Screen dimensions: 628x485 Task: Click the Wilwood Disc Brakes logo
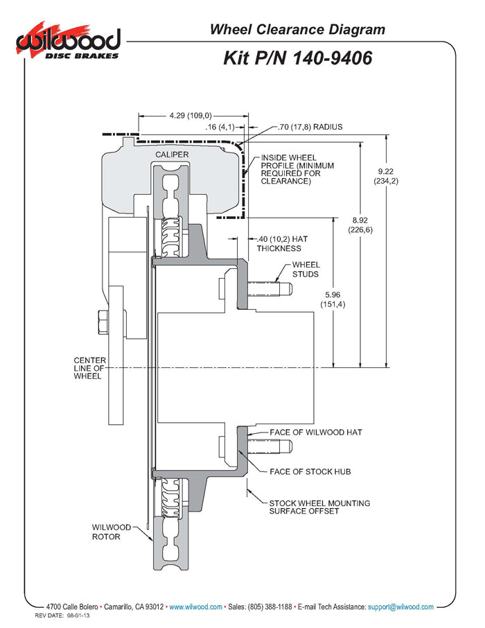69,43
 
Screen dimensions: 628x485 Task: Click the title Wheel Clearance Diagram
297,30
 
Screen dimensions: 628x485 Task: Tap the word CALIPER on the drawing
172,154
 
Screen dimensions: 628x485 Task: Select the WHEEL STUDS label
306,269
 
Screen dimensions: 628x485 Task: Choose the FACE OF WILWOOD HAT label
316,432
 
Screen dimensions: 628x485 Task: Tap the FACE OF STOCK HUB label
310,471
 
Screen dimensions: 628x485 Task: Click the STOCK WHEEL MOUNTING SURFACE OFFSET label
319,507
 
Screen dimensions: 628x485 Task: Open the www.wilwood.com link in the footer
196,607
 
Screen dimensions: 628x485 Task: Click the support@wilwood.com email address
400,607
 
